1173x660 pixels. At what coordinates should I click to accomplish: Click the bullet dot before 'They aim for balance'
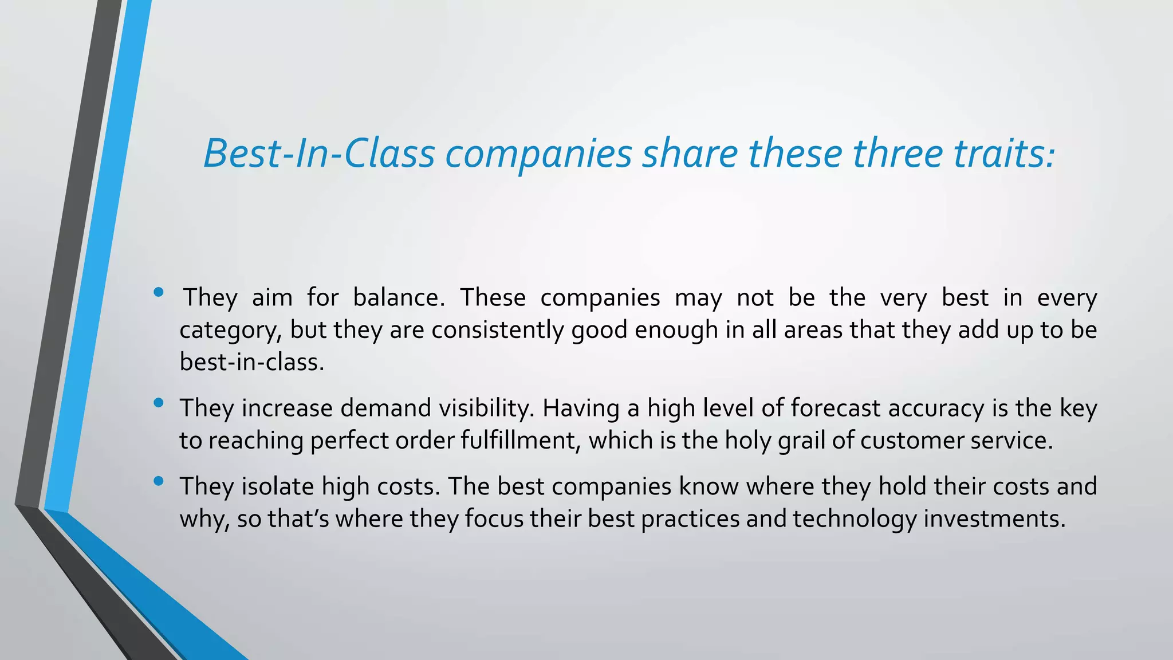click(x=159, y=293)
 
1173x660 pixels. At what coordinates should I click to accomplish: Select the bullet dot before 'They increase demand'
click(x=159, y=403)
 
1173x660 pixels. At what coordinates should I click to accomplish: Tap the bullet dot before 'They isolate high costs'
click(x=159, y=482)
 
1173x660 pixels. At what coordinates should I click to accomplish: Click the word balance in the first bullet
click(x=399, y=297)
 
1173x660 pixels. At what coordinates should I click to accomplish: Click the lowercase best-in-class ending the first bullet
click(x=251, y=362)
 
